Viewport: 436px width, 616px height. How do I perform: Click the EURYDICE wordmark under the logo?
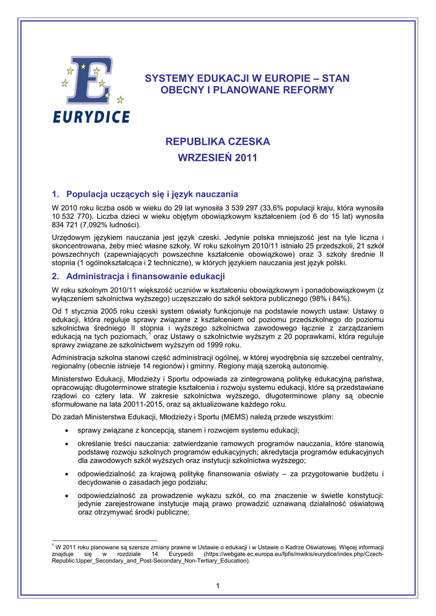click(x=91, y=116)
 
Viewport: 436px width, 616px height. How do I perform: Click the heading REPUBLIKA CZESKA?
click(x=218, y=142)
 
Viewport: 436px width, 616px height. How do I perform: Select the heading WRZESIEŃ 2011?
click(x=218, y=158)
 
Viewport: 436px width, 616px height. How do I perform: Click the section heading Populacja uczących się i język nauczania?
click(x=152, y=194)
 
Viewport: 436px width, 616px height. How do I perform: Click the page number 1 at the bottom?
click(x=218, y=586)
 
